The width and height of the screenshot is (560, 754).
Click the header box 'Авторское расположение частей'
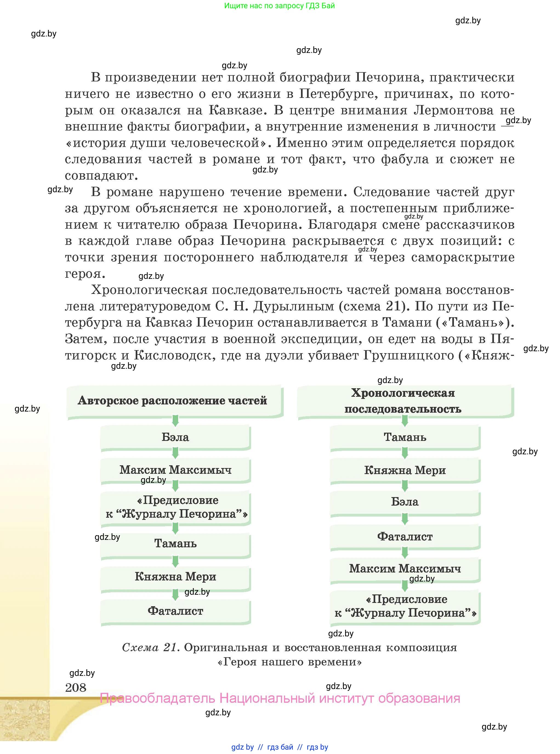pyautogui.click(x=175, y=401)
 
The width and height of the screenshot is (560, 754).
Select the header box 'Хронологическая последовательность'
pyautogui.click(x=405, y=401)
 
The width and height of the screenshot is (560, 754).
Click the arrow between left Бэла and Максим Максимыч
pyautogui.click(x=175, y=453)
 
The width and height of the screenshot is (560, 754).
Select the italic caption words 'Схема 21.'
pyautogui.click(x=150, y=648)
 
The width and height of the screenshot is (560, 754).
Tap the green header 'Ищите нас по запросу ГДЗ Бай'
pyautogui.click(x=279, y=6)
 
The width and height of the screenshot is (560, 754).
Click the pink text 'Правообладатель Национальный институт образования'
pyautogui.click(x=280, y=698)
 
